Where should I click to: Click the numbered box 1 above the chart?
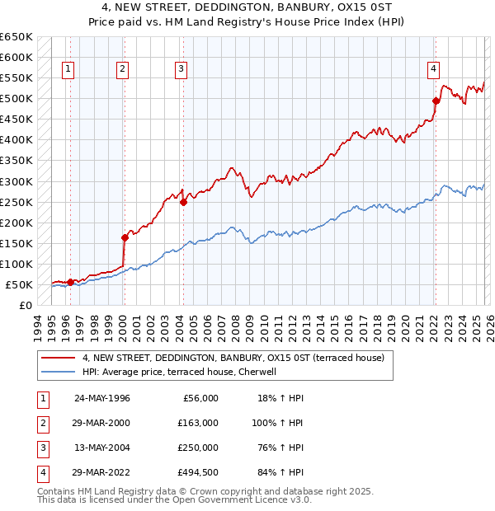(67, 70)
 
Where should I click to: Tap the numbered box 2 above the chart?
(122, 70)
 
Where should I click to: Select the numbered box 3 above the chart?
(181, 70)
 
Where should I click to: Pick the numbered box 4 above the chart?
(433, 70)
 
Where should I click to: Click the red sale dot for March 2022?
(436, 101)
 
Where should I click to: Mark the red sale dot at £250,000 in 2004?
(183, 202)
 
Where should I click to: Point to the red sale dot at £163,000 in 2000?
(125, 237)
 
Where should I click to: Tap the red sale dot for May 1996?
(70, 282)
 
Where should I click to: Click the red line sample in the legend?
(59, 359)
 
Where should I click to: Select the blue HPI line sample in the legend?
(59, 372)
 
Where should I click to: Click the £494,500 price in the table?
(199, 472)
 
